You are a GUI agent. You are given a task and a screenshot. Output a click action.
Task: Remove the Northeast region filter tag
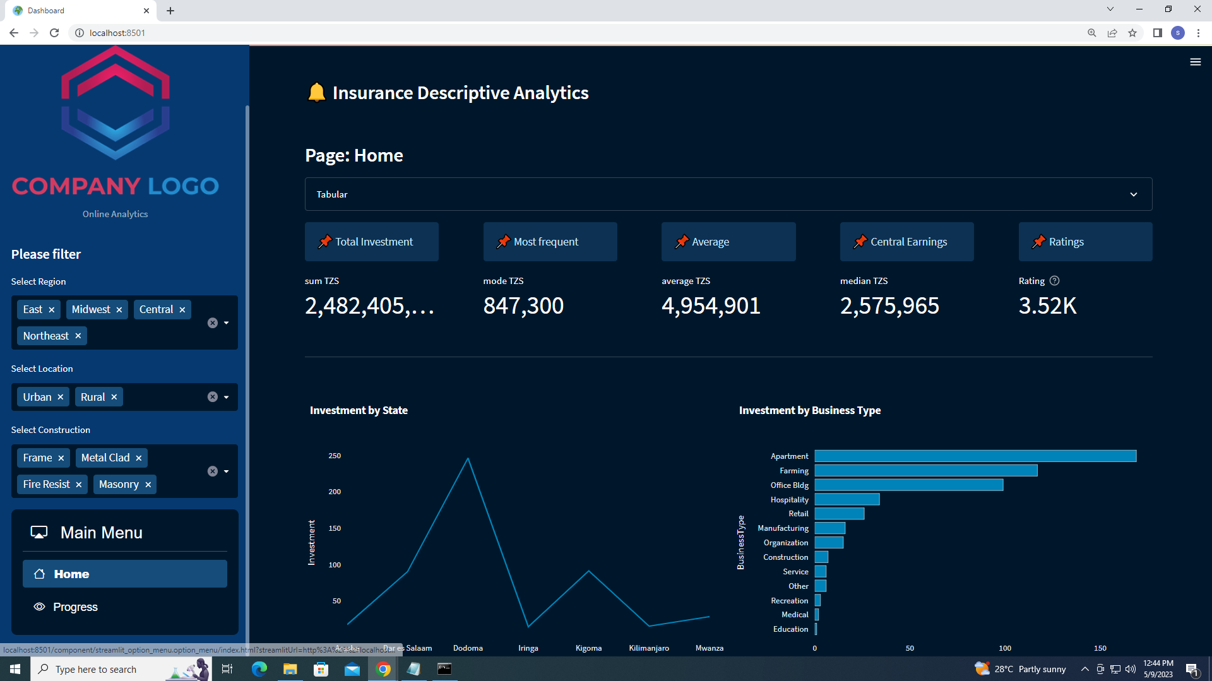[x=78, y=336]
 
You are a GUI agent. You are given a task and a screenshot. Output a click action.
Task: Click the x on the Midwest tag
[x=119, y=310]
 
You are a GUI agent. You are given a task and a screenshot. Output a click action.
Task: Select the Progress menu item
[x=75, y=607]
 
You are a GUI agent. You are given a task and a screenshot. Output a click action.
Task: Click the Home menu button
[x=125, y=574]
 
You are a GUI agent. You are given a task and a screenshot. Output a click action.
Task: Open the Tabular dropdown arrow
[x=1133, y=194]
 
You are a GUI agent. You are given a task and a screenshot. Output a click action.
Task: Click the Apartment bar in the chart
[x=975, y=456]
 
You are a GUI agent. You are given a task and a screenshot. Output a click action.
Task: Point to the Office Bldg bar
[x=908, y=485]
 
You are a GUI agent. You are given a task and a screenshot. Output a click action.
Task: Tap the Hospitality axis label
[x=789, y=499]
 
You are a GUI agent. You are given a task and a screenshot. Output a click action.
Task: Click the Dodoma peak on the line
[x=468, y=459]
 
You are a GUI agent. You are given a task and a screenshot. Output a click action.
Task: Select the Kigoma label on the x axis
[x=588, y=648]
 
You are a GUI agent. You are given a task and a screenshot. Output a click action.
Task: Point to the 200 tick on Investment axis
[x=335, y=492]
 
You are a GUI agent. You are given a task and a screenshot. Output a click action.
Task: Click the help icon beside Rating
[x=1054, y=281]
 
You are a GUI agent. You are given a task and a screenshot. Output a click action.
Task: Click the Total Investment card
[x=372, y=242]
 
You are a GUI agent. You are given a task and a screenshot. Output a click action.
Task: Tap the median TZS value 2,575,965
[x=889, y=306]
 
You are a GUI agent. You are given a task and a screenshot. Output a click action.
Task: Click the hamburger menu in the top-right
[x=1195, y=62]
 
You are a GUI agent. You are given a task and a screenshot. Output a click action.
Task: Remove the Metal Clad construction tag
[x=139, y=458]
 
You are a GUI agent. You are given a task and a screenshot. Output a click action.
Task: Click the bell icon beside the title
[x=316, y=93]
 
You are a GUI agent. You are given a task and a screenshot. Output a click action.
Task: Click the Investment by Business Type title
[x=809, y=410]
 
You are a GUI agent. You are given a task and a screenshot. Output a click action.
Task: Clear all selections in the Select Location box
[x=213, y=397]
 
